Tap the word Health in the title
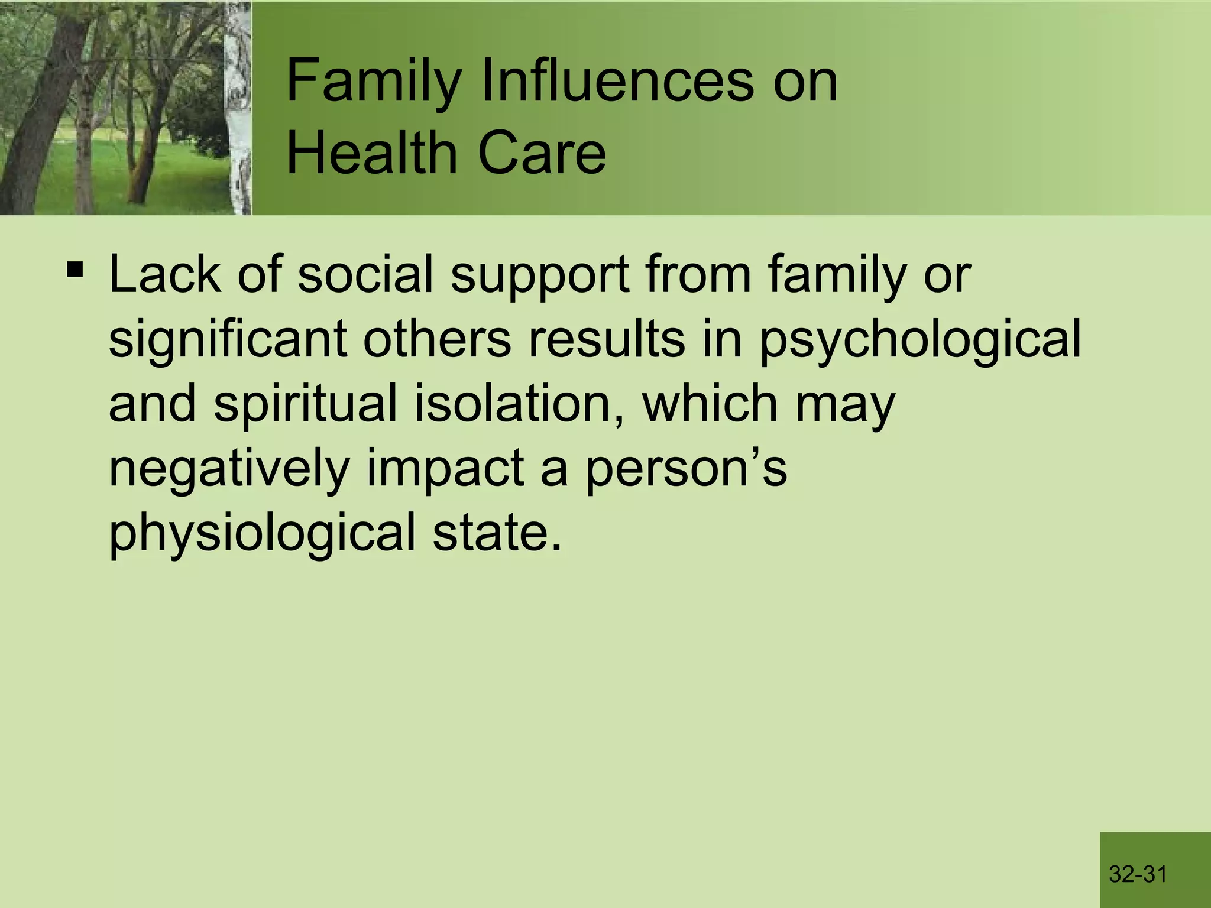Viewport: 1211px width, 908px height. pos(373,153)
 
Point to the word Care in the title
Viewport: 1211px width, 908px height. pos(542,153)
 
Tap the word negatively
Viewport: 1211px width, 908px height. pos(229,471)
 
